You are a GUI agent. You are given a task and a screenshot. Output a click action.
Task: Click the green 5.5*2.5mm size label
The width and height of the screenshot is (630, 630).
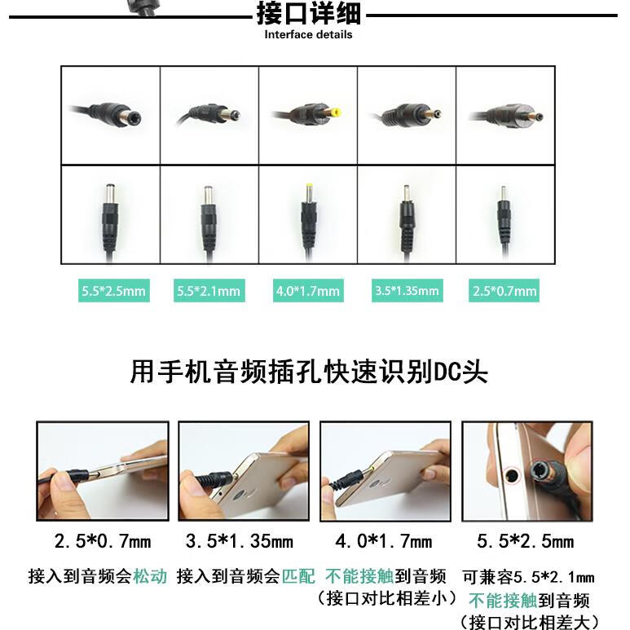coord(114,291)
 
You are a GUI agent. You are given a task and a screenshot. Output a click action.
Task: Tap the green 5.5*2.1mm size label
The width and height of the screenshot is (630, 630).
coord(209,291)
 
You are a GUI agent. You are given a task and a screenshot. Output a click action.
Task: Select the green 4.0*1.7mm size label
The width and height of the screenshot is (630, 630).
coord(307,291)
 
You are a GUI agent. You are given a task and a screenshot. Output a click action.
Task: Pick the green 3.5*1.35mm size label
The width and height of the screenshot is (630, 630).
coord(406,291)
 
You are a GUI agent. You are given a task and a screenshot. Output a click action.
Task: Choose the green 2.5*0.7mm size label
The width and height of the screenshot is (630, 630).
coord(504,291)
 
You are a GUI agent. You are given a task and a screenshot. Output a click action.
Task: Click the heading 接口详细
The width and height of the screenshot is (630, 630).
coord(308,14)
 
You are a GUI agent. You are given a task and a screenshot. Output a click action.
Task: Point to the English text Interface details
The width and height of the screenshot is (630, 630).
coord(308,35)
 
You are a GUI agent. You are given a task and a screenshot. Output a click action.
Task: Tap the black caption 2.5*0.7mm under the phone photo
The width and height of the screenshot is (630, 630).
coord(103,541)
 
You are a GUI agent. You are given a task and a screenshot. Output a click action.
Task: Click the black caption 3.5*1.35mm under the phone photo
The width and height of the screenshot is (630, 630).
coord(240,541)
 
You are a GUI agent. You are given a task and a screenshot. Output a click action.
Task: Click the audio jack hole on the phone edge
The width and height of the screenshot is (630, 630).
coord(511,472)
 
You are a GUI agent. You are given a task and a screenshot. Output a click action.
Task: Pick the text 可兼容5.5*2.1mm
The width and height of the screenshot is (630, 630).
coord(527,578)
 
